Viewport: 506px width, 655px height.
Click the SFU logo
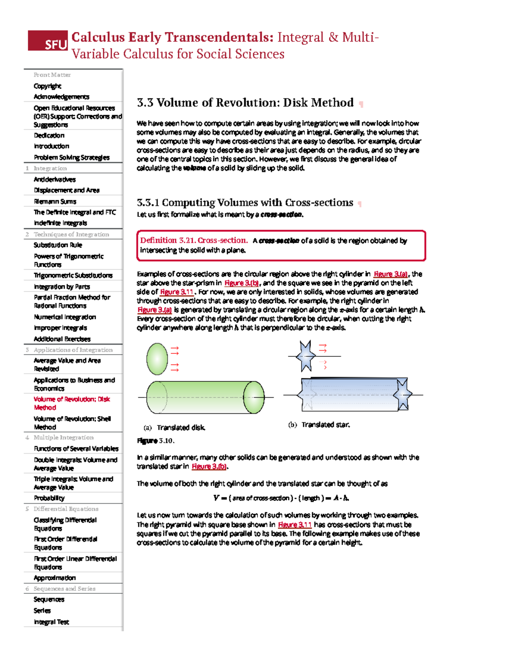point(48,41)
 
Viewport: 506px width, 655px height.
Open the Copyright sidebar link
point(48,86)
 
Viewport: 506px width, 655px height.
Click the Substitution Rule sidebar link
point(58,245)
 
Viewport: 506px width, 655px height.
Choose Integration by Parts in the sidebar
point(62,287)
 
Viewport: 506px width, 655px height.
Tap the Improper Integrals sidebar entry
point(60,328)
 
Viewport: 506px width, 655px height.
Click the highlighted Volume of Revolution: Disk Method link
point(72,403)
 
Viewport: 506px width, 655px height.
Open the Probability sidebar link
point(49,498)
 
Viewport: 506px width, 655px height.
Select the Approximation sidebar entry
point(55,578)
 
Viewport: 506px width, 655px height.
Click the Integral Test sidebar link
point(51,622)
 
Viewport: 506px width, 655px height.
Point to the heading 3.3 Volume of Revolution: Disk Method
point(245,103)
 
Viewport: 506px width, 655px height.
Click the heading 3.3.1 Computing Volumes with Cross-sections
point(245,203)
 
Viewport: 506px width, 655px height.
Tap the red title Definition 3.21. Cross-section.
point(194,240)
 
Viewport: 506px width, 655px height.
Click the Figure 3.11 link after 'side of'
point(177,292)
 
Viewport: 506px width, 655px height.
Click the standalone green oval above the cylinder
point(157,358)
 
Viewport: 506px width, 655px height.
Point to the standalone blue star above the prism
point(305,356)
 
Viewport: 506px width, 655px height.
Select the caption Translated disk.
point(181,428)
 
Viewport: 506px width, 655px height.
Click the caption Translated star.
point(325,425)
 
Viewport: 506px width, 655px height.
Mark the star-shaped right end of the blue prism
point(403,394)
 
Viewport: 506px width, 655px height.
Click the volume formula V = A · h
point(281,498)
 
